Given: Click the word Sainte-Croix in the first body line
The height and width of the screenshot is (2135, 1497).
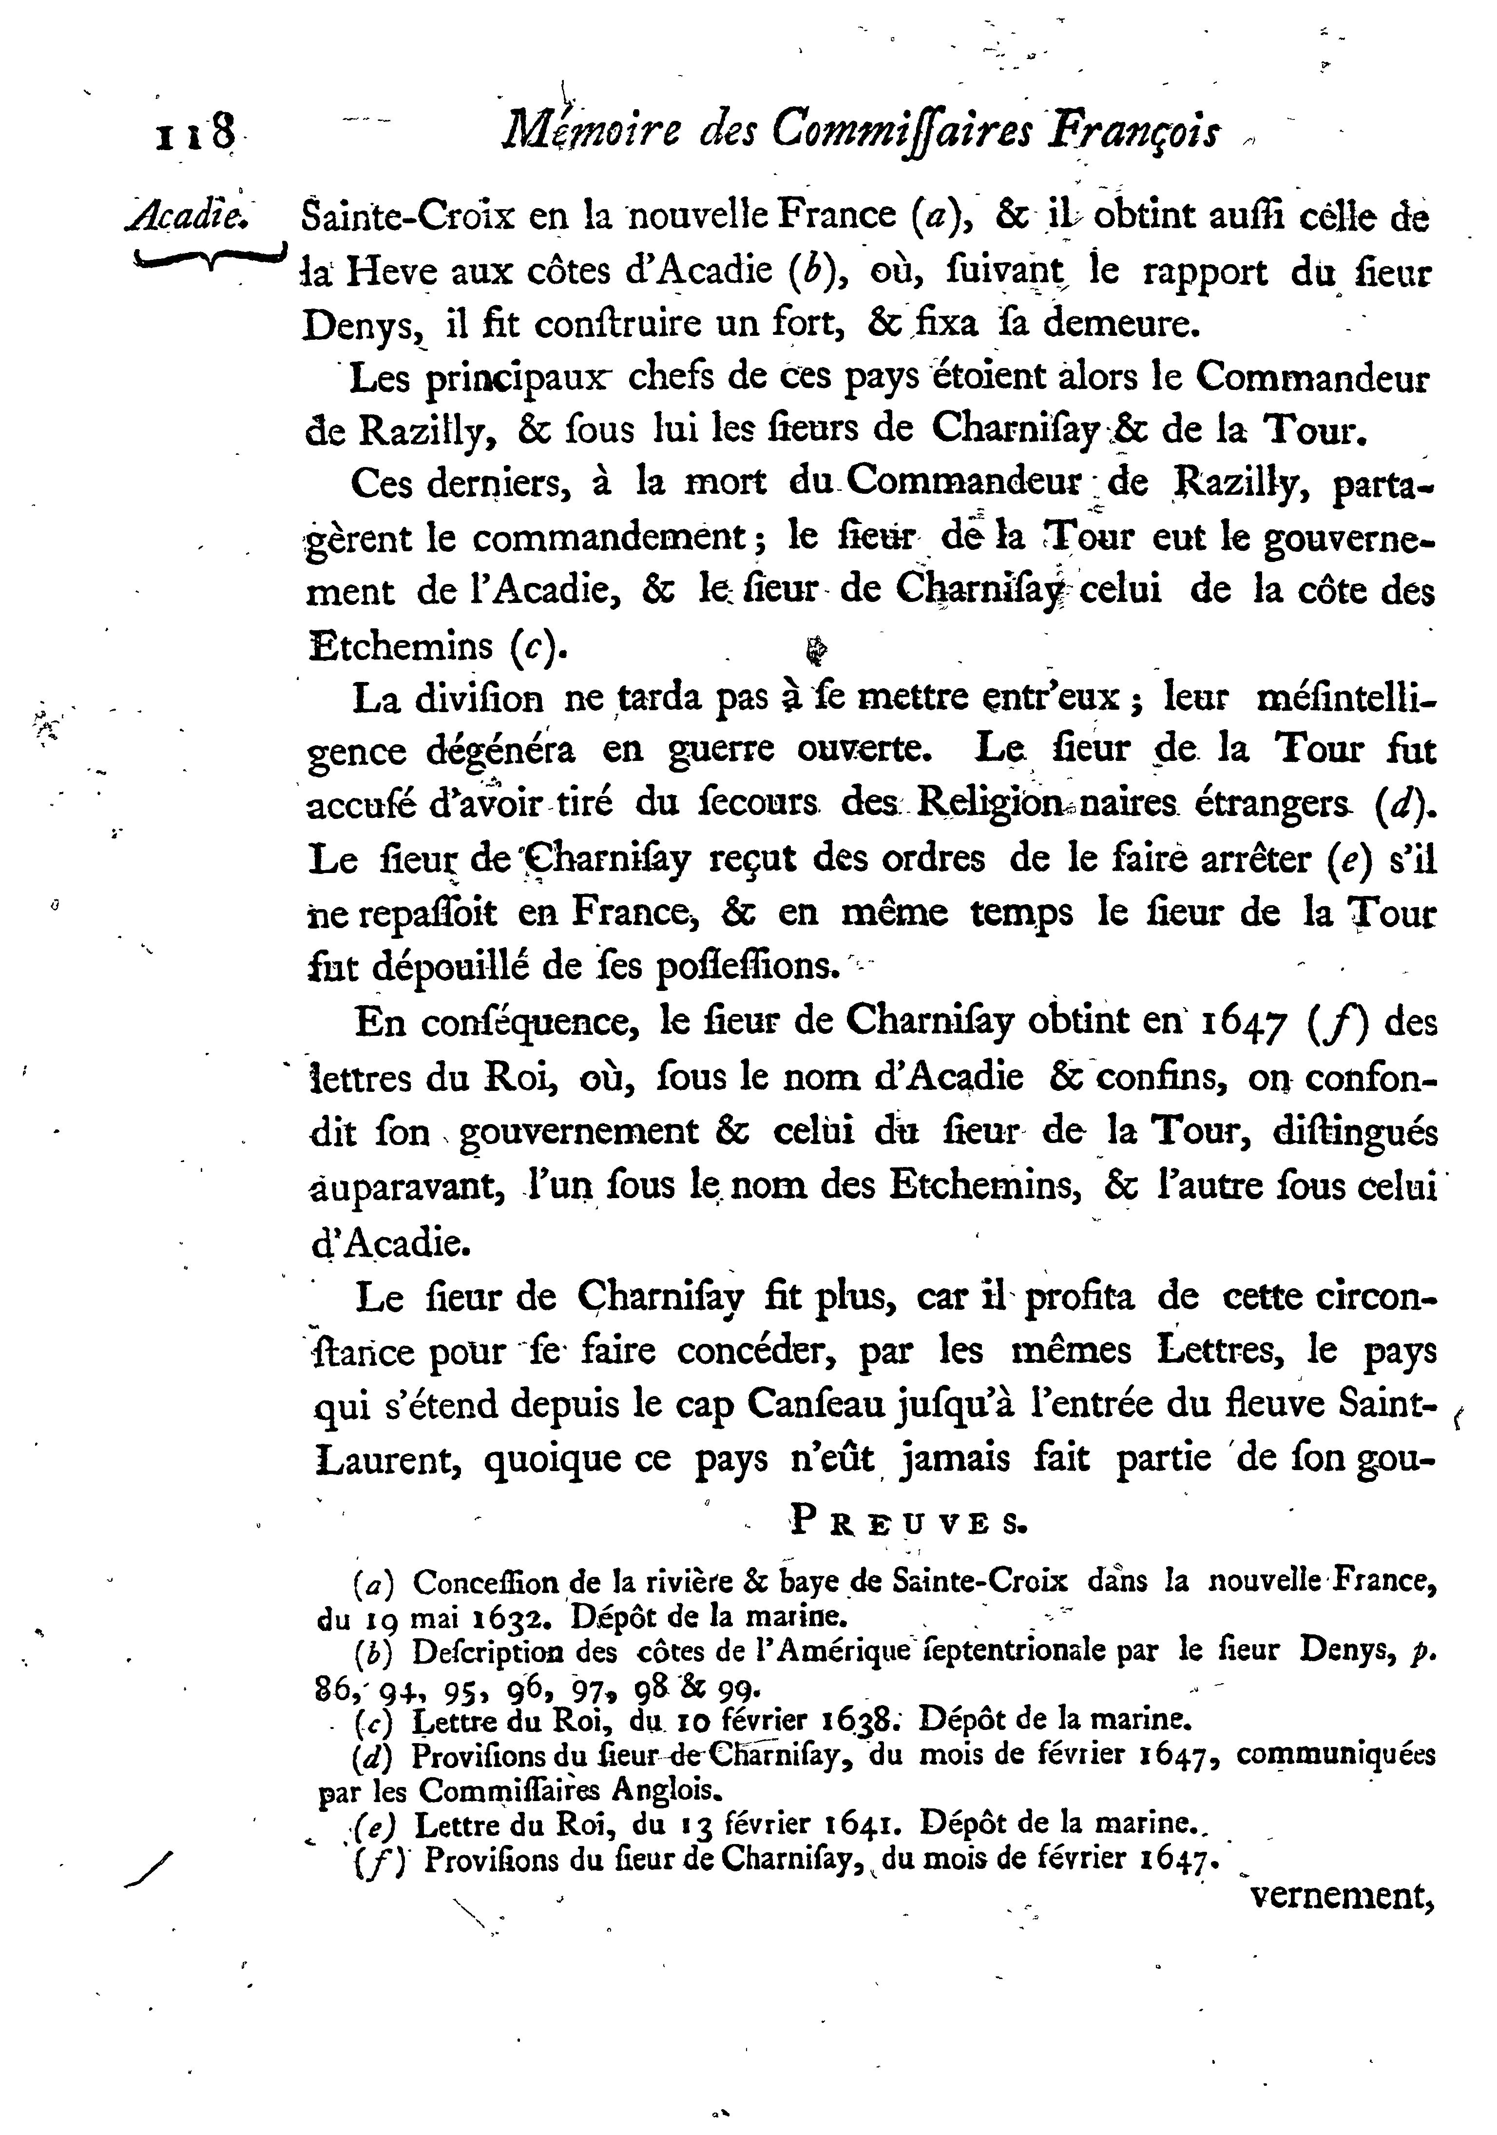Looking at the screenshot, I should click(410, 216).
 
